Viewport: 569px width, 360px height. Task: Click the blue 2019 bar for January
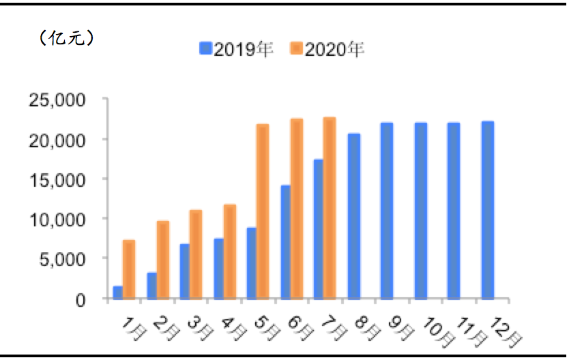click(118, 292)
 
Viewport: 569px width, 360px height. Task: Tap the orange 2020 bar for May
click(263, 211)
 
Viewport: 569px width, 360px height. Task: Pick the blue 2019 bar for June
click(285, 242)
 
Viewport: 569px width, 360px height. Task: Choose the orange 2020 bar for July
click(330, 208)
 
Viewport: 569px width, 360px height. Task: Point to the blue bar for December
click(487, 210)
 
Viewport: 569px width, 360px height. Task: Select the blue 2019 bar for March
click(185, 271)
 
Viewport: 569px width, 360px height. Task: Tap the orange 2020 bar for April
click(229, 252)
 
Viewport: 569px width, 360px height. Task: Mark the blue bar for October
click(420, 211)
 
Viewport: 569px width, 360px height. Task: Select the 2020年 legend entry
click(327, 49)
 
